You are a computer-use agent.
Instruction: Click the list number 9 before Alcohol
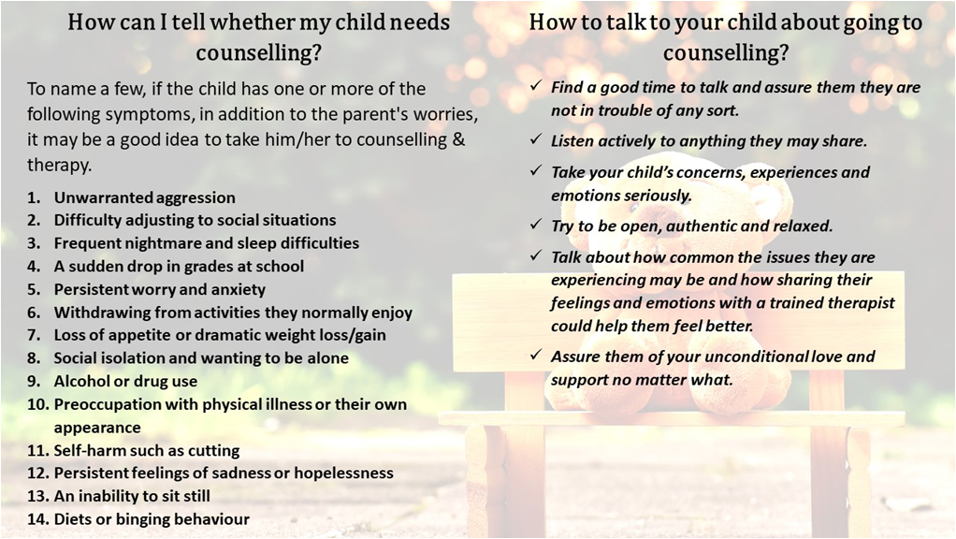(33, 382)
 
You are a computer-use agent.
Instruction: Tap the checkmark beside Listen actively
(535, 139)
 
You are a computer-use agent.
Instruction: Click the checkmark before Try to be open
(535, 224)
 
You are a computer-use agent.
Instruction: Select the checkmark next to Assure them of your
(535, 355)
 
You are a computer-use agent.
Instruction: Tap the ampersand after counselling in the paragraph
(459, 139)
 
